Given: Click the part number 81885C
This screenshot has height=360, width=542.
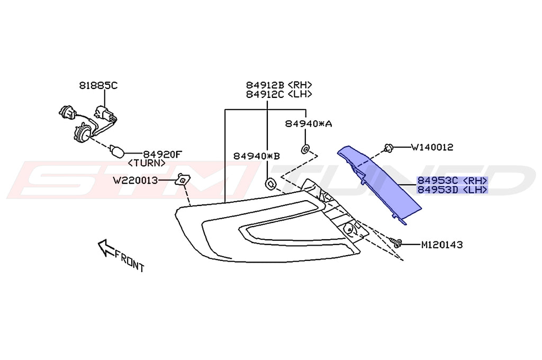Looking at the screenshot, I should [x=98, y=85].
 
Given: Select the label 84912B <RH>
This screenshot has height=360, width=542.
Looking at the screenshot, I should [x=278, y=85].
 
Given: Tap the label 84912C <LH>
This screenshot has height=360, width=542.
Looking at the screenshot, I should [x=278, y=94].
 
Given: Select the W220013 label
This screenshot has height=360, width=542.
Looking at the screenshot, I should [x=135, y=180].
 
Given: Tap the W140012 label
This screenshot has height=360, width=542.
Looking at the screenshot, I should [x=432, y=147].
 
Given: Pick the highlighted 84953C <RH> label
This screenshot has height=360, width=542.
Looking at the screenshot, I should [x=452, y=180].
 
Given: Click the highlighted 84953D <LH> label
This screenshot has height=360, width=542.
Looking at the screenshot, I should [x=452, y=189].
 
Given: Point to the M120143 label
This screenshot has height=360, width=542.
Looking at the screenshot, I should [x=442, y=245].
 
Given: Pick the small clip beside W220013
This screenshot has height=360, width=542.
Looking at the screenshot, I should [x=182, y=180].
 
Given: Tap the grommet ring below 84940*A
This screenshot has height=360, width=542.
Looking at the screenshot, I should [x=305, y=148].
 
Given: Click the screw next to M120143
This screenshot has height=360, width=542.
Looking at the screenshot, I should [x=396, y=243].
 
